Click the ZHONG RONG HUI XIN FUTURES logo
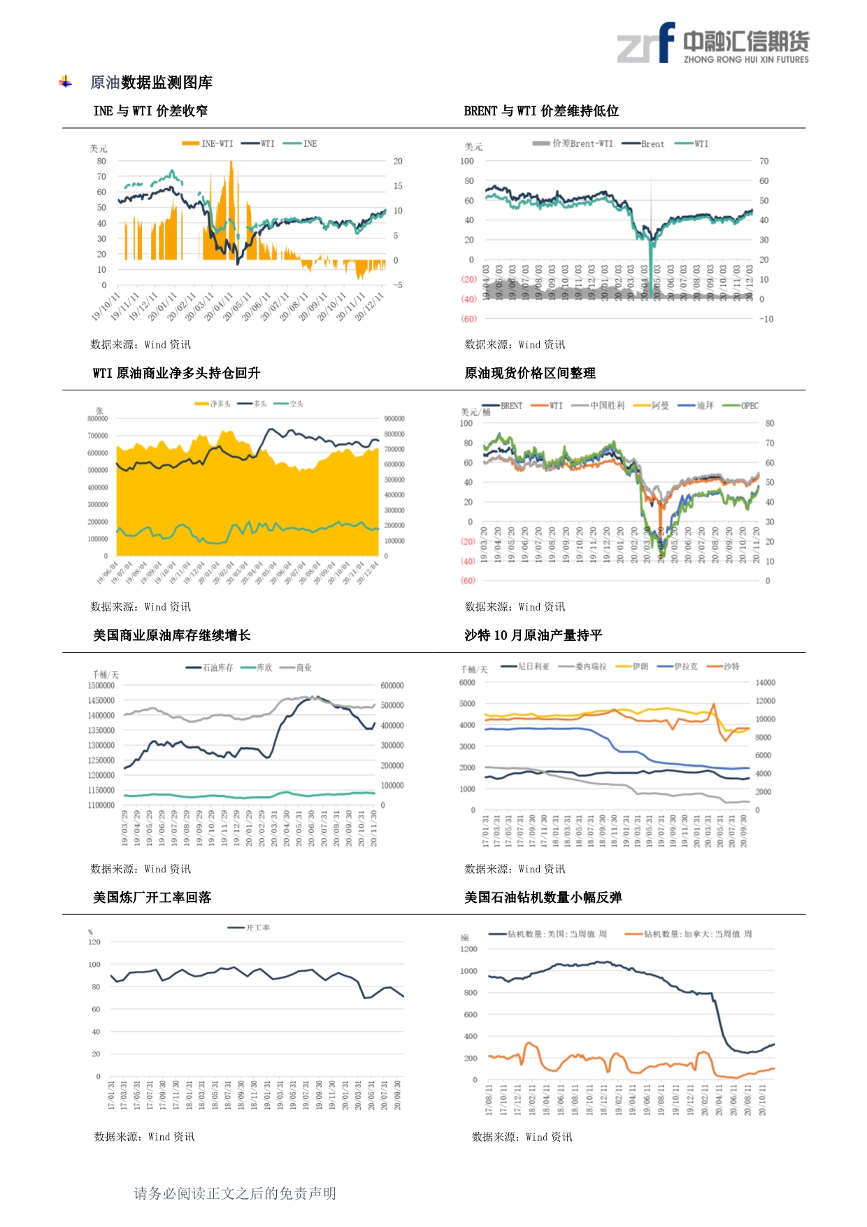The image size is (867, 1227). (x=712, y=44)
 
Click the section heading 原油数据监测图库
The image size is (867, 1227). (x=151, y=83)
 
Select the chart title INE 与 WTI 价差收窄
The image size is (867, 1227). (x=150, y=111)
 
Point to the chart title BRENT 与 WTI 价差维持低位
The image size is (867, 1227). (x=541, y=111)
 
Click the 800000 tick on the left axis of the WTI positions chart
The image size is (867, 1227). (x=98, y=419)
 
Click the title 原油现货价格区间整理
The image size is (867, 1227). (x=530, y=373)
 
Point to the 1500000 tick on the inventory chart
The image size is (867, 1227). (x=101, y=686)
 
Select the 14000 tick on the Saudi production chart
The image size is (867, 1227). (x=765, y=682)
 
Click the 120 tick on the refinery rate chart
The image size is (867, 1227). (x=94, y=942)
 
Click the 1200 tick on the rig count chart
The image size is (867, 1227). (x=468, y=949)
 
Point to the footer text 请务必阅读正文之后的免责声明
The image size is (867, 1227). (x=235, y=1193)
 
